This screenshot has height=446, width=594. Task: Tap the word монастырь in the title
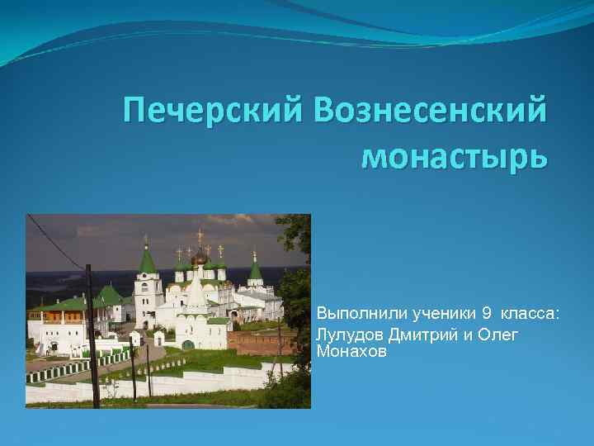454,154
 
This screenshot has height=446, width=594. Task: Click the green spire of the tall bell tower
147,259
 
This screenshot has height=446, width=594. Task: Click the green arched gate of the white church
189,344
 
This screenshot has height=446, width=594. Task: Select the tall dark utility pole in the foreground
92,330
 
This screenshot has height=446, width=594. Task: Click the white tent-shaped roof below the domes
196,292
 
